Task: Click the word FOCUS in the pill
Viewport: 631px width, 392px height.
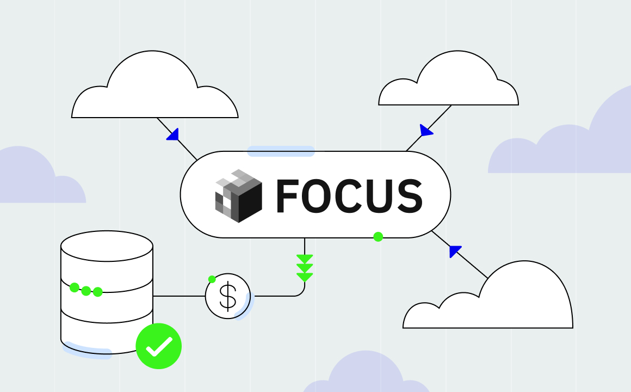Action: coord(349,195)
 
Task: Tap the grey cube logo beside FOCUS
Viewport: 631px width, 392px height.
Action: coord(238,195)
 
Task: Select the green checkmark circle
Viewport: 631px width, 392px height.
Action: coord(158,346)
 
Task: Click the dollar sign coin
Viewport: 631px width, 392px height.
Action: coord(227,296)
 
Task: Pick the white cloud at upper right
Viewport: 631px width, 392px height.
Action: coord(449,82)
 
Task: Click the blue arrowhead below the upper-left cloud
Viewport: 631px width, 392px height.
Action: coord(173,134)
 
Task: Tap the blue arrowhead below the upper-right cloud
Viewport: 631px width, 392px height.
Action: coord(426,131)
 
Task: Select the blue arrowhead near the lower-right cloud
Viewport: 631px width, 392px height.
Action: coord(455,251)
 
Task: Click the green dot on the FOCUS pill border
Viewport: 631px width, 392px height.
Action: coord(378,237)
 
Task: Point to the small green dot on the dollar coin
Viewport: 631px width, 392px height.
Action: coord(212,279)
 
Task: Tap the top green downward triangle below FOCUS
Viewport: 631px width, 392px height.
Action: coord(305,259)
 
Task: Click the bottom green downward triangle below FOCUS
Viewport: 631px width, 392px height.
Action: coord(305,277)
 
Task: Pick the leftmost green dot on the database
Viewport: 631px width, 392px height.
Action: coord(75,287)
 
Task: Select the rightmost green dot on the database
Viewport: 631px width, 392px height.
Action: coord(98,292)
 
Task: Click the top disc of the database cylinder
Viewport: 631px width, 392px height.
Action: coord(107,246)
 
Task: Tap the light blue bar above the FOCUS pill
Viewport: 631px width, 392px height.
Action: coord(281,151)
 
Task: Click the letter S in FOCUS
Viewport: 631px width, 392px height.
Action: coord(409,195)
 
